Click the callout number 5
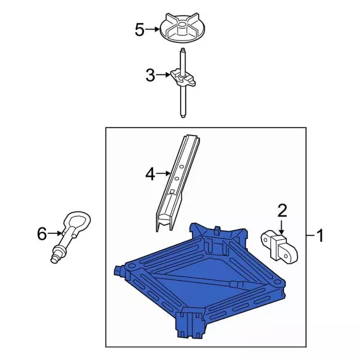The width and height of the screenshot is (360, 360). click(140, 30)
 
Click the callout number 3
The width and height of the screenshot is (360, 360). click(150, 75)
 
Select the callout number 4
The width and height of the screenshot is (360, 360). click(150, 174)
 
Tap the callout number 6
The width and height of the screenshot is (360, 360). click(42, 234)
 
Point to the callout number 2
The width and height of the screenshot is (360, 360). click(282, 211)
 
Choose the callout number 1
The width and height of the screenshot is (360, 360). click(319, 235)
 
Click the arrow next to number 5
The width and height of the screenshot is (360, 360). click(152, 29)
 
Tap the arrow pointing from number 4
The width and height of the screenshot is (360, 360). click(163, 173)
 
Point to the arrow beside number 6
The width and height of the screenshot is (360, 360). click(55, 233)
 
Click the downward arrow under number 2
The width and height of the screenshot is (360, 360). click(281, 227)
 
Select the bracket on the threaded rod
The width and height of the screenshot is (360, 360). click(183, 79)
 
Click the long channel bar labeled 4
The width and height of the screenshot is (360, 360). click(178, 182)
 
